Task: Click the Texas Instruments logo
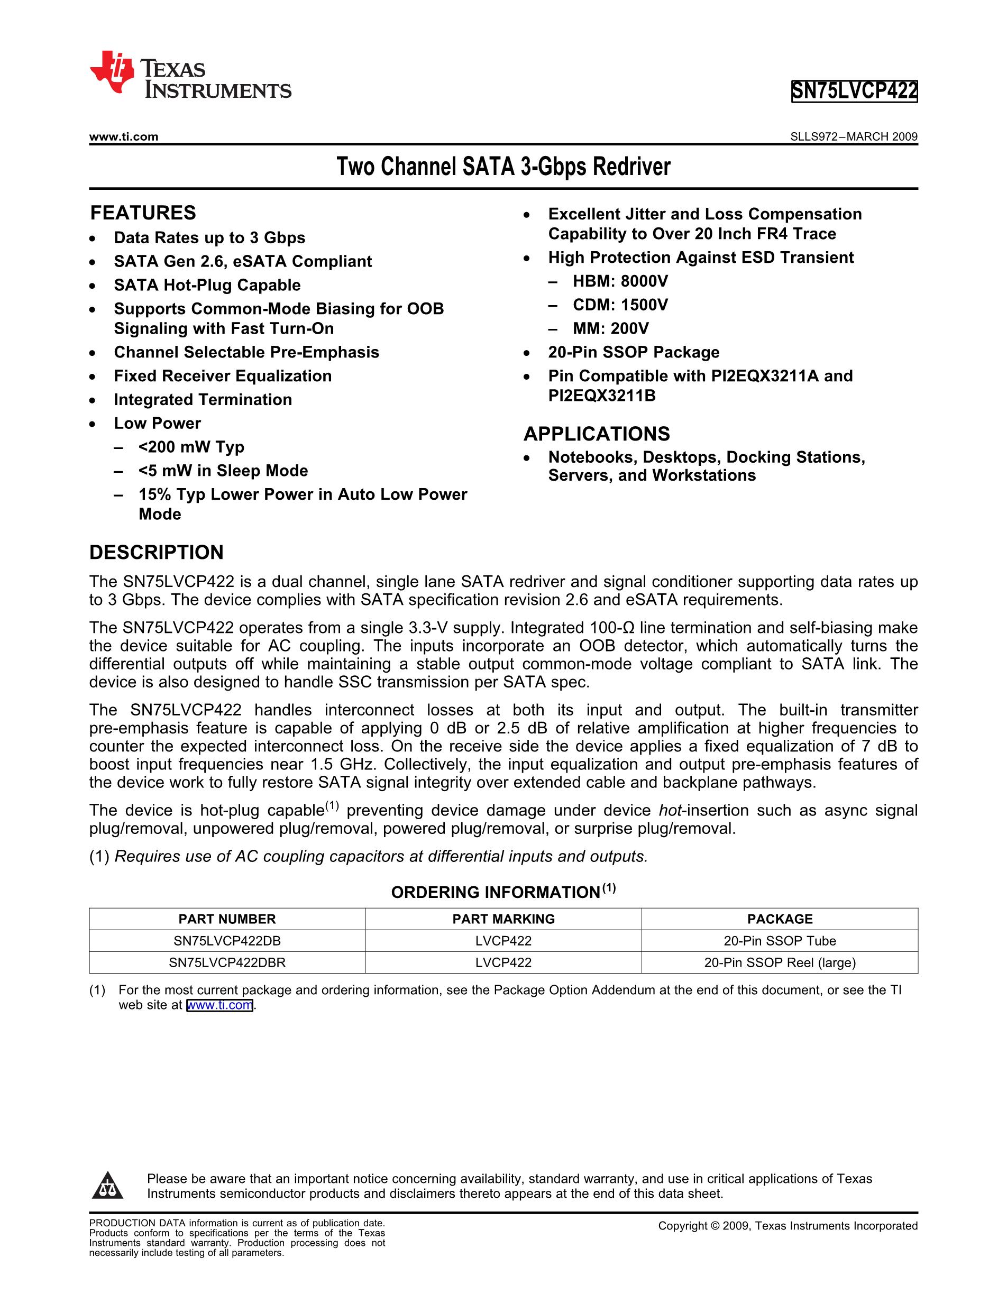pos(190,74)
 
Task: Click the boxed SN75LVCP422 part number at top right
pos(854,91)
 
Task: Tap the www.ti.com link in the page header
pos(123,136)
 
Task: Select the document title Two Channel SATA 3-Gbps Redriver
pos(503,167)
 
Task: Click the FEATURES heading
pos(143,213)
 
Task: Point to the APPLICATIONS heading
pos(597,434)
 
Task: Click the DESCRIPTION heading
pos(157,553)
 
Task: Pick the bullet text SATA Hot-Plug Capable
pos(207,285)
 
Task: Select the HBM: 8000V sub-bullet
pos(620,281)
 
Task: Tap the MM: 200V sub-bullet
pos(610,329)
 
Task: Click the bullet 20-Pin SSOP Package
pos(634,352)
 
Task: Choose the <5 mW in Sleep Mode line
pos(223,471)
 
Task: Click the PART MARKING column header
pos(503,919)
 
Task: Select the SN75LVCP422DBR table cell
pos(227,962)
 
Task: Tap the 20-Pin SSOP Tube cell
pos(779,941)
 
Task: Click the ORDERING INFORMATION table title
pos(503,892)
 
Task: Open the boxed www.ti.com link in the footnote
pos(219,1005)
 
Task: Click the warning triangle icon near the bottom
pos(107,1186)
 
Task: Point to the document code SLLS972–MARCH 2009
pos(854,136)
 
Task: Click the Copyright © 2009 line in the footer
pos(788,1226)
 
